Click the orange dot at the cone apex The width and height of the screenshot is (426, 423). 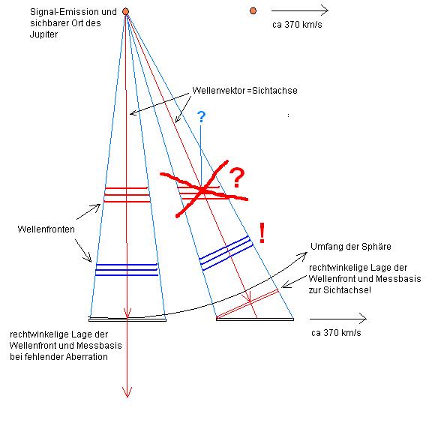[x=125, y=11]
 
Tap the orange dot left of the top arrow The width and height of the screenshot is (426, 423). [x=253, y=10]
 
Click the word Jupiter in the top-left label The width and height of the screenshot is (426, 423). [x=43, y=34]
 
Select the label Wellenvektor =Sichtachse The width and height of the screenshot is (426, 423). [x=244, y=91]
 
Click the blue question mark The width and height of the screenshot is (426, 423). [x=201, y=117]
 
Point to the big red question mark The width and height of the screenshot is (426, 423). [x=237, y=178]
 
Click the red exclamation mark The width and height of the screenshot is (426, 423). [x=262, y=232]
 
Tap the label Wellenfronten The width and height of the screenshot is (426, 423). [x=46, y=229]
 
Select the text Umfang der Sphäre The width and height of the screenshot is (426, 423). [x=351, y=247]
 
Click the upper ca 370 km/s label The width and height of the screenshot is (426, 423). [x=297, y=25]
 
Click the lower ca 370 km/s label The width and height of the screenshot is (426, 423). [x=336, y=333]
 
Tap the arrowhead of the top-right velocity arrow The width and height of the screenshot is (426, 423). [x=325, y=10]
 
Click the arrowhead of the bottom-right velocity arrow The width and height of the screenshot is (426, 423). [x=364, y=319]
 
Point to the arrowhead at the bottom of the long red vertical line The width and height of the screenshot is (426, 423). [x=127, y=393]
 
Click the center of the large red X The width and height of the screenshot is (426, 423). [x=202, y=190]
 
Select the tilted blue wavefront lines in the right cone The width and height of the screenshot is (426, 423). [x=226, y=253]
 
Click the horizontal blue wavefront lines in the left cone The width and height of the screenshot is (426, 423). [x=127, y=270]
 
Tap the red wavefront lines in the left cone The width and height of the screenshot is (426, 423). [x=127, y=195]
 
